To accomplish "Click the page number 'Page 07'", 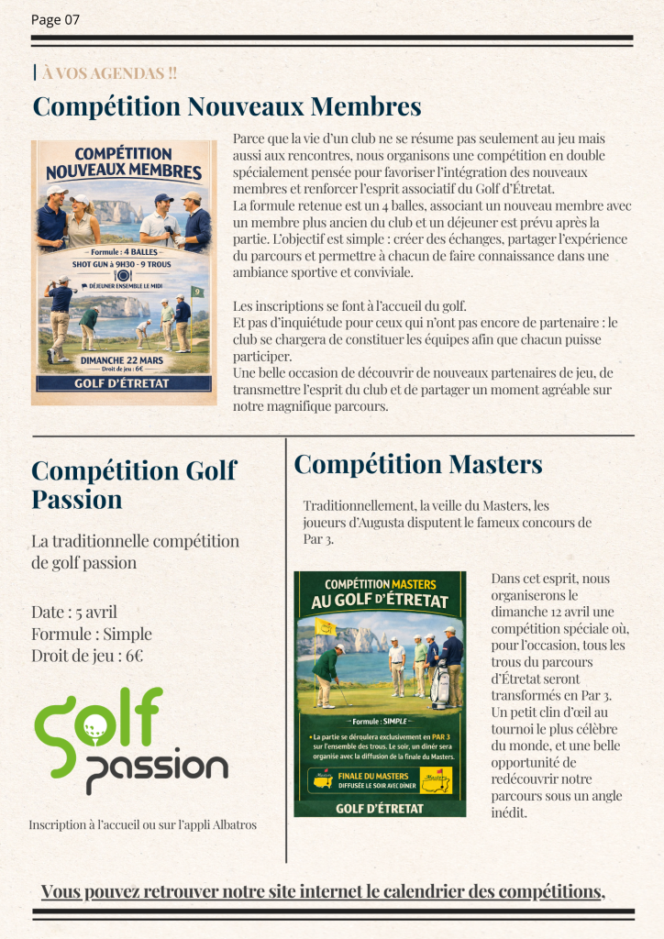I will [x=55, y=20].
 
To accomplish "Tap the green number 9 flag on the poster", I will [x=197, y=293].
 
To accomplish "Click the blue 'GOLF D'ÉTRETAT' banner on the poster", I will [x=124, y=383].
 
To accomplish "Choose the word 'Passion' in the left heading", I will [x=76, y=500].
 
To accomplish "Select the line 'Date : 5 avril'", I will [x=74, y=612].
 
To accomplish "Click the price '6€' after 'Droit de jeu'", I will [x=134, y=656].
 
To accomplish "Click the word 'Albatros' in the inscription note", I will [x=230, y=824].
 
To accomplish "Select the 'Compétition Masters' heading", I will [x=418, y=464].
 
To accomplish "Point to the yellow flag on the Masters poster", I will [x=325, y=627].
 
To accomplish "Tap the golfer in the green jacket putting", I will [x=326, y=674].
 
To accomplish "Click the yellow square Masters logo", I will [x=442, y=780].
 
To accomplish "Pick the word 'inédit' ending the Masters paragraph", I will [x=510, y=812].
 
